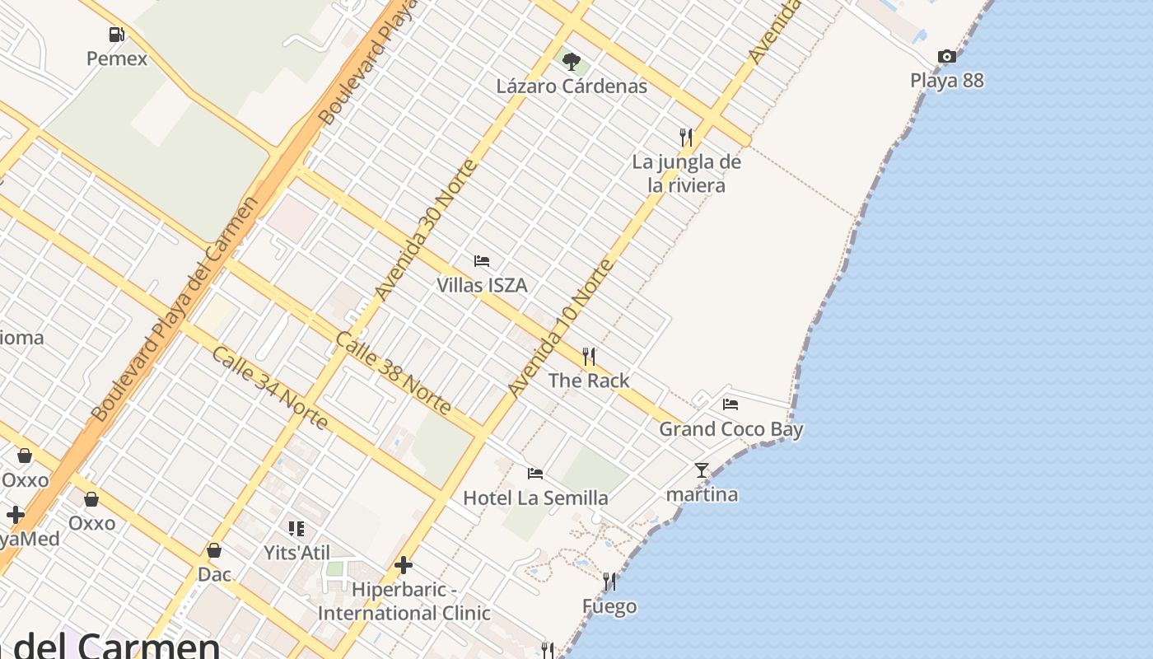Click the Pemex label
click(x=117, y=58)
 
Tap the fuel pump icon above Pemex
click(x=117, y=34)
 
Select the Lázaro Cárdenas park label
click(x=572, y=86)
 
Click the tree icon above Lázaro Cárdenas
click(x=572, y=61)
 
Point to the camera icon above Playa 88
click(x=947, y=56)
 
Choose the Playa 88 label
click(x=947, y=81)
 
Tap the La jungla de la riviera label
click(x=686, y=173)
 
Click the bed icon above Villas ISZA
click(x=482, y=261)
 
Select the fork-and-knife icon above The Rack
click(x=589, y=356)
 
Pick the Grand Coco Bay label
click(x=731, y=429)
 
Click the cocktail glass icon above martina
click(x=702, y=470)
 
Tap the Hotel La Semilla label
click(x=535, y=498)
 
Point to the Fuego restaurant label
click(x=609, y=607)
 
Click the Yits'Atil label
click(x=296, y=552)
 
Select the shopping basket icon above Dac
click(x=214, y=549)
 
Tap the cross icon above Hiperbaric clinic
click(x=404, y=565)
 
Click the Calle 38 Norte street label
click(x=394, y=373)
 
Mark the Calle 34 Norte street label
click(x=270, y=387)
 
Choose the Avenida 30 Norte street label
click(x=426, y=230)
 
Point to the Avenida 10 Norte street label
click(x=561, y=328)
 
